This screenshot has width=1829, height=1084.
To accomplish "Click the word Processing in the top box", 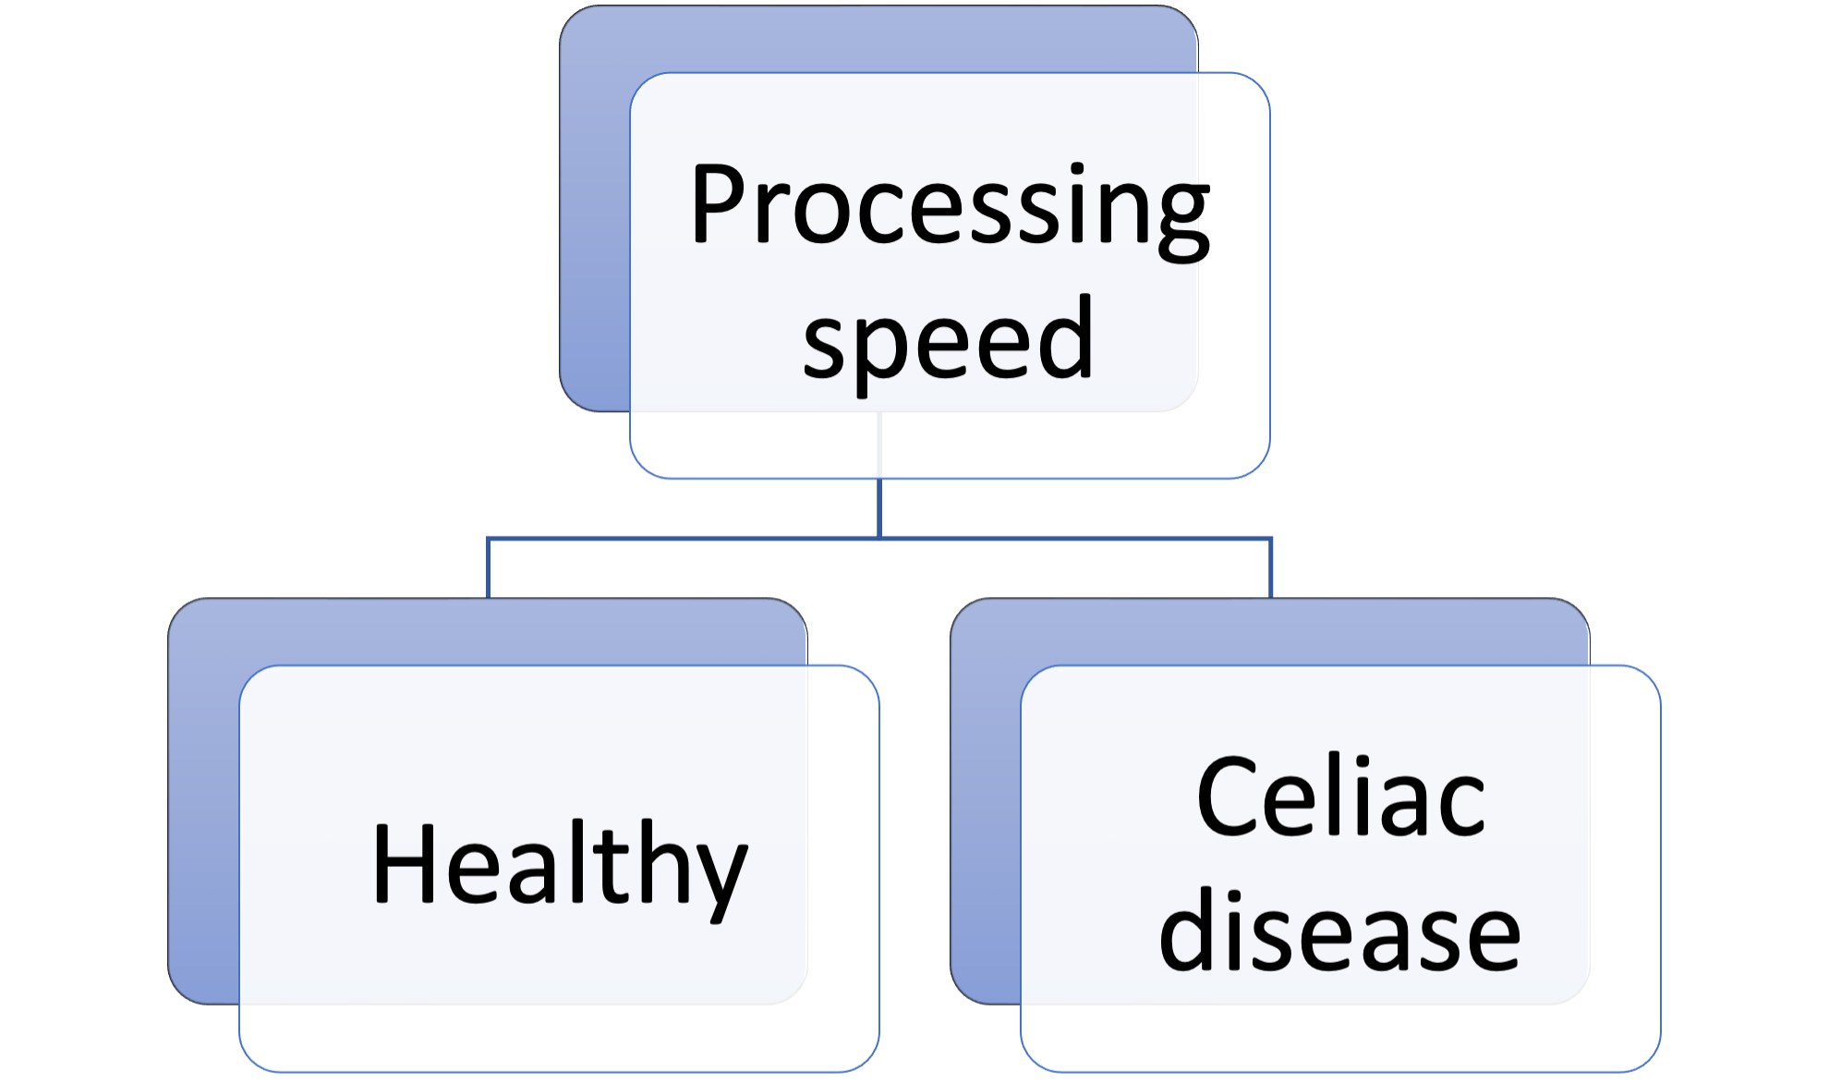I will pyautogui.click(x=950, y=205).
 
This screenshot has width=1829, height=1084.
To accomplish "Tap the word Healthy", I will pyautogui.click(x=559, y=865).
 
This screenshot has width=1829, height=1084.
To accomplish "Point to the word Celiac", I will pyautogui.click(x=1340, y=797).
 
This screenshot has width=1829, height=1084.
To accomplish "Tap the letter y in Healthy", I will pyautogui.click(x=716, y=874).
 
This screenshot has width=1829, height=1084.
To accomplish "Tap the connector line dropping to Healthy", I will pyautogui.click(x=488, y=568).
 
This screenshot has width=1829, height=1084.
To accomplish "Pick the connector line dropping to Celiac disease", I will pyautogui.click(x=1271, y=568).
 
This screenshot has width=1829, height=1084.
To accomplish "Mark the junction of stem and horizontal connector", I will pyautogui.click(x=879, y=537).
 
